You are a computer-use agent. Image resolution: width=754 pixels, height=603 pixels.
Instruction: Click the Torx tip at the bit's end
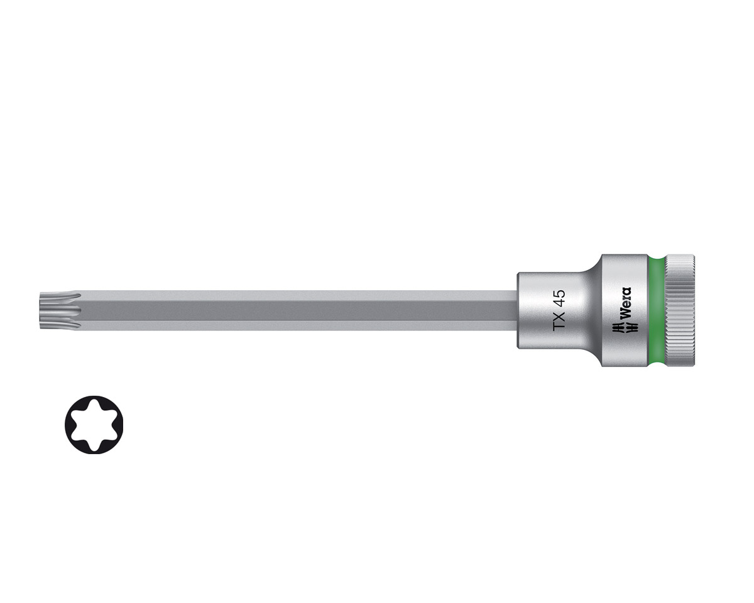[60, 310]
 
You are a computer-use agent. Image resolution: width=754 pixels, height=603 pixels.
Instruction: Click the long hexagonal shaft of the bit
[298, 310]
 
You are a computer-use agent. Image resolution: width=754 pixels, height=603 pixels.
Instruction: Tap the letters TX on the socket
[559, 320]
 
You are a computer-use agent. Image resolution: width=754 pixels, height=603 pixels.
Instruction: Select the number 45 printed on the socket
[559, 298]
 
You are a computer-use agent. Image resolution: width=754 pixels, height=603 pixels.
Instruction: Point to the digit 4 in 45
[559, 303]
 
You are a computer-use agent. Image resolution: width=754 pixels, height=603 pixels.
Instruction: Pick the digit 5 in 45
[559, 293]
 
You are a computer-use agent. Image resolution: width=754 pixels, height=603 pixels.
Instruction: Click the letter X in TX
[559, 315]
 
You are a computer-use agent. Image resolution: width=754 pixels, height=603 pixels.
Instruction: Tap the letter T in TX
[559, 325]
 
